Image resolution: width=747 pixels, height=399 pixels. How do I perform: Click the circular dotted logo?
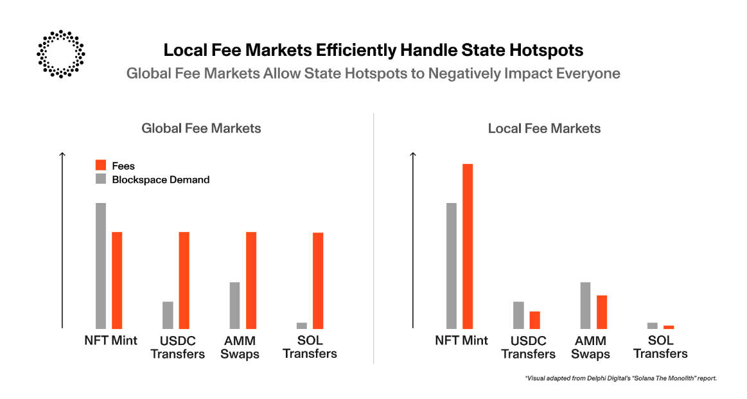pos(61,53)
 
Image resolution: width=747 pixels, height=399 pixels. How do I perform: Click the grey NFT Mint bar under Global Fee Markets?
pos(101,265)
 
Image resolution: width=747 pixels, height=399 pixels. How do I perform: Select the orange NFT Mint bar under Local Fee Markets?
pos(468,246)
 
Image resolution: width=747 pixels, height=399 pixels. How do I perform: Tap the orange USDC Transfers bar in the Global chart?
pos(184,280)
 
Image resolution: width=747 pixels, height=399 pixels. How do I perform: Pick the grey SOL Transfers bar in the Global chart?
pos(302,325)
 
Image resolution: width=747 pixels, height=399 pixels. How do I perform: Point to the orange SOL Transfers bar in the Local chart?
pos(669,327)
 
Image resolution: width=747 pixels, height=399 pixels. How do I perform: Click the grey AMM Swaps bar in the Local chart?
pos(585,305)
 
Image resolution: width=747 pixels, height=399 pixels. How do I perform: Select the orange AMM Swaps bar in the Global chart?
pos(251,280)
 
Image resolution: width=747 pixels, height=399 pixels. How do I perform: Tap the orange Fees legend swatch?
pos(101,166)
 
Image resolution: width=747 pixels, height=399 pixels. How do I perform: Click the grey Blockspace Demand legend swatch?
pos(101,179)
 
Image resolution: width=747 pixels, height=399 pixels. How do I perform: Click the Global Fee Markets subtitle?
pos(201,129)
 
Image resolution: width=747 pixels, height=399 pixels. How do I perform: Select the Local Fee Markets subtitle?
pos(544,129)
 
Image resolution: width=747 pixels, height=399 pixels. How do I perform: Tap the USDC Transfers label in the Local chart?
pos(528,348)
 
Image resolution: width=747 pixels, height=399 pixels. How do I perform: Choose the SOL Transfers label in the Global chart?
pos(310,348)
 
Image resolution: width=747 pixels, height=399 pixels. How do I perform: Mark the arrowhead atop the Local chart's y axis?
pos(412,154)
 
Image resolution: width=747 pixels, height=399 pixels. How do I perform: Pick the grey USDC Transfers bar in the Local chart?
pos(518,315)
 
